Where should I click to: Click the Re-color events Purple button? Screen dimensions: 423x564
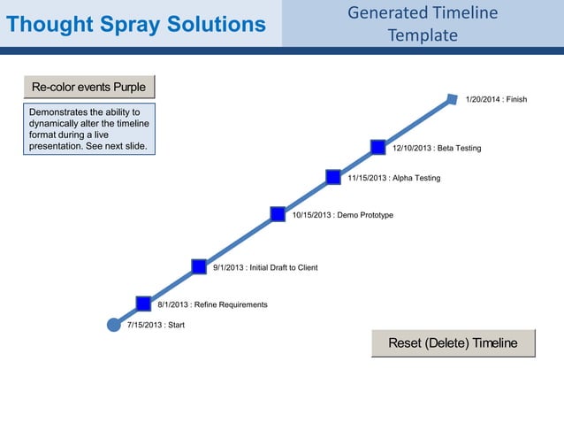point(88,87)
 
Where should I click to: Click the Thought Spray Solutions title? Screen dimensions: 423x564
point(136,25)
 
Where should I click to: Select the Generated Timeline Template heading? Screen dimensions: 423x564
point(423,24)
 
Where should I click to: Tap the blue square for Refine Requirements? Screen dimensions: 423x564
point(144,304)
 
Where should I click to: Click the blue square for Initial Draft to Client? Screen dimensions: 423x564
point(200,266)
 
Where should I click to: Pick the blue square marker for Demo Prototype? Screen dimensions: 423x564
point(278,213)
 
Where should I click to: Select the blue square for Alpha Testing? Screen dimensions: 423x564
point(333,177)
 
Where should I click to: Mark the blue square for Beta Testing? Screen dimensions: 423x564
point(377,147)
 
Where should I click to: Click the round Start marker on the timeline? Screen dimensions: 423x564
point(113,325)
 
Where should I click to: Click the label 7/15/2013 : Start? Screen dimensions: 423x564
point(156,326)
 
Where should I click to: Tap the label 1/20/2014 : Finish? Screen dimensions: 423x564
point(496,99)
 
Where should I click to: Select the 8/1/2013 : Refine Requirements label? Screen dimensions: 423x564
point(212,304)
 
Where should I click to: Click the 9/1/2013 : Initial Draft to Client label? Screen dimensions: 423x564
point(265,267)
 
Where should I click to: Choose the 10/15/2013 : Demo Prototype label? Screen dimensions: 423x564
point(343,215)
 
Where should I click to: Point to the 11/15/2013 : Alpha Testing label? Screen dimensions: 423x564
point(393,178)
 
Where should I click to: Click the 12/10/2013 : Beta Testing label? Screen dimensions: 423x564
point(437,148)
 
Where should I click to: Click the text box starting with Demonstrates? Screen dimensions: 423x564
point(88,129)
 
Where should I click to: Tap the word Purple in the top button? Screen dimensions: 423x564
point(129,87)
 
